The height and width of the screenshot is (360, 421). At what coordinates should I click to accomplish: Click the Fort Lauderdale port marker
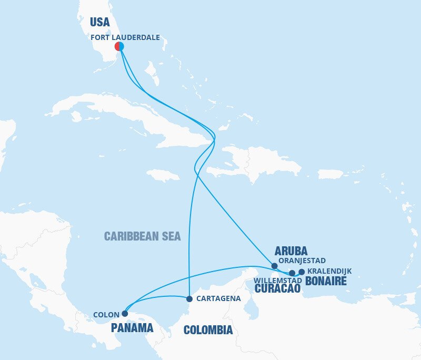tap(119, 46)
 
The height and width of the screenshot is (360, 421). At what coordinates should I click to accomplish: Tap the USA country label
tap(100, 22)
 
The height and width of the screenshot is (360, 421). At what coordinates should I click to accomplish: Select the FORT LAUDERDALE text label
tap(125, 37)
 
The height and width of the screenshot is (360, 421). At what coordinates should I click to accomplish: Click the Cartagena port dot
tap(189, 298)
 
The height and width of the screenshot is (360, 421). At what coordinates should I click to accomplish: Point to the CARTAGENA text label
tap(218, 298)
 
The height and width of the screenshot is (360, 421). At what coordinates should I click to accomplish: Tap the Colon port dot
tap(125, 313)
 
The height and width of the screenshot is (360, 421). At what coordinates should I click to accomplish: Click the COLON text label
tap(106, 315)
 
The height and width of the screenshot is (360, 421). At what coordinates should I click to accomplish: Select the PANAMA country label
tap(132, 328)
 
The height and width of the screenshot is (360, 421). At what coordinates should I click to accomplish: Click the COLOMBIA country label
tap(208, 330)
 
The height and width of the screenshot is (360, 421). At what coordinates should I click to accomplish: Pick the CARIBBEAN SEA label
tap(142, 236)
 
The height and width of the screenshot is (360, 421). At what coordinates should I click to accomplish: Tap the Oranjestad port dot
tap(274, 266)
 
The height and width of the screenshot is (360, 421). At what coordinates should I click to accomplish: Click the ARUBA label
tap(291, 251)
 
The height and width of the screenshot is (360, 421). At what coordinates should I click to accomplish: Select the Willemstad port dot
tap(292, 273)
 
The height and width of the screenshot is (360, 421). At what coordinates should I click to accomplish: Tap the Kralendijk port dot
tap(302, 272)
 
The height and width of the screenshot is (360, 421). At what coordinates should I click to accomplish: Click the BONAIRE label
tap(326, 281)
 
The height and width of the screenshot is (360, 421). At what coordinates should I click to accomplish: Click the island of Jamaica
tap(163, 175)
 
